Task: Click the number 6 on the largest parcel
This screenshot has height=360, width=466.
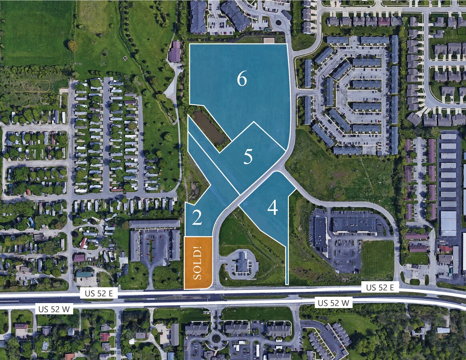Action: (242, 80)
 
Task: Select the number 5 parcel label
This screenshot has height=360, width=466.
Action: (248, 157)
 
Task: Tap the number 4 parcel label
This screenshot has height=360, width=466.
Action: (273, 208)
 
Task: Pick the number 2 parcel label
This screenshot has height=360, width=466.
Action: (196, 218)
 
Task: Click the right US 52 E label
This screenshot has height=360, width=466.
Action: (380, 287)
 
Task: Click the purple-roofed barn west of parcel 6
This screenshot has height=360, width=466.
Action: (175, 52)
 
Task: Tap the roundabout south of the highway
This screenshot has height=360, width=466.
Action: (216, 339)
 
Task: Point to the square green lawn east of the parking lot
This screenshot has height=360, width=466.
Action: (378, 259)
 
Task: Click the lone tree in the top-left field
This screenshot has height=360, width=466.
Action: (72, 45)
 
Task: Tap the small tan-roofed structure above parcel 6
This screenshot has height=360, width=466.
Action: (269, 40)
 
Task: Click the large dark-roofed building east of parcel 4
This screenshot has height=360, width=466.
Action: (354, 225)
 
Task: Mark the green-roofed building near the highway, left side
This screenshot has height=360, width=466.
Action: (84, 274)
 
